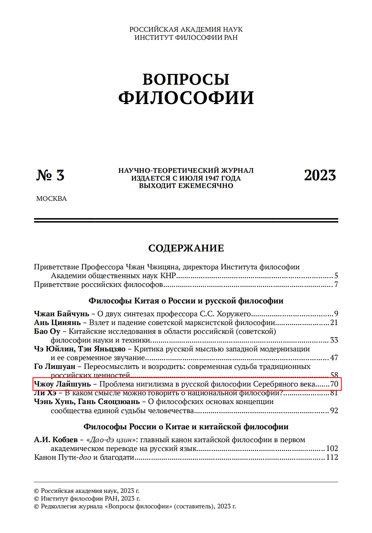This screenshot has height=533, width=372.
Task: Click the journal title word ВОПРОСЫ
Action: point(186,80)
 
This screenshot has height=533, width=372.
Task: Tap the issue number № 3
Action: point(50,175)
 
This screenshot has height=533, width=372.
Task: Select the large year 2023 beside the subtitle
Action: point(320,175)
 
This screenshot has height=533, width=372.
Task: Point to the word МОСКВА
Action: point(51,198)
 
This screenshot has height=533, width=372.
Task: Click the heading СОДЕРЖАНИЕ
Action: point(186,248)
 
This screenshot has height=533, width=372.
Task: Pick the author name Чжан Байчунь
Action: point(61,314)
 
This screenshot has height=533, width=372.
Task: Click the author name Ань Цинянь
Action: point(57,322)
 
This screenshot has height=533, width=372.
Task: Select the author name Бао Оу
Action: point(47,331)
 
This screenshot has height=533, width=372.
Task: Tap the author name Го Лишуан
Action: point(55,366)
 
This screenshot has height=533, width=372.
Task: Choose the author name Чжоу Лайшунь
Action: point(63,384)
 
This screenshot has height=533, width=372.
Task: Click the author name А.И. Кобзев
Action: point(56,439)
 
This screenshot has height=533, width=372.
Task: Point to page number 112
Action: point(332,457)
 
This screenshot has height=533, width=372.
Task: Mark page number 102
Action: point(332,448)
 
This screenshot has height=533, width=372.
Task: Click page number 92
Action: point(334,410)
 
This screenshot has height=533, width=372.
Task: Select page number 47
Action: point(334,357)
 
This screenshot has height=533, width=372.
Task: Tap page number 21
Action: point(334,322)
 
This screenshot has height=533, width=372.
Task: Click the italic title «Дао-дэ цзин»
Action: point(111,439)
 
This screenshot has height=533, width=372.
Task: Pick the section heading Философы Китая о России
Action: point(186,300)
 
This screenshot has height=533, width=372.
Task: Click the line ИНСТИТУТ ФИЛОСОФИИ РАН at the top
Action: point(186,37)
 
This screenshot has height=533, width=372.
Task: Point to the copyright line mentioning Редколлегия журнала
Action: point(135,506)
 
